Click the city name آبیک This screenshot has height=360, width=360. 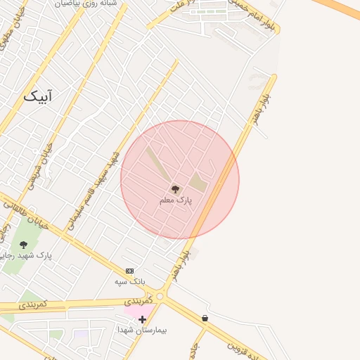[38, 96]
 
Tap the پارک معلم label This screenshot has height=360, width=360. [175, 200]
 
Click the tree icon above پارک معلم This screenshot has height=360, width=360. [175, 189]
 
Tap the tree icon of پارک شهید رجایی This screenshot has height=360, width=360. [24, 245]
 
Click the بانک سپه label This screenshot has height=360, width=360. [129, 281]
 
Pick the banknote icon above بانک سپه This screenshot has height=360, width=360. [129, 271]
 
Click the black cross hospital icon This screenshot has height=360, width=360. [142, 320]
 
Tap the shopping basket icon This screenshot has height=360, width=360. [205, 319]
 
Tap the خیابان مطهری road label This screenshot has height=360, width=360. [7, 42]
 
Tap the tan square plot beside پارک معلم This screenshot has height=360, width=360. [199, 183]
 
